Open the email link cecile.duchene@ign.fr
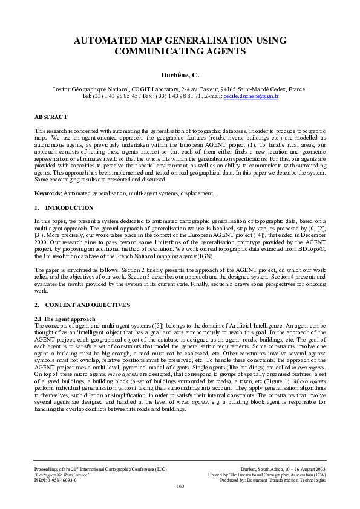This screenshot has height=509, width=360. [x=251, y=96]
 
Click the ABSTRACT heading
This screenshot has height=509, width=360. [x=51, y=117]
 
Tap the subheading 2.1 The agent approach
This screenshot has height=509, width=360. [x=65, y=318]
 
